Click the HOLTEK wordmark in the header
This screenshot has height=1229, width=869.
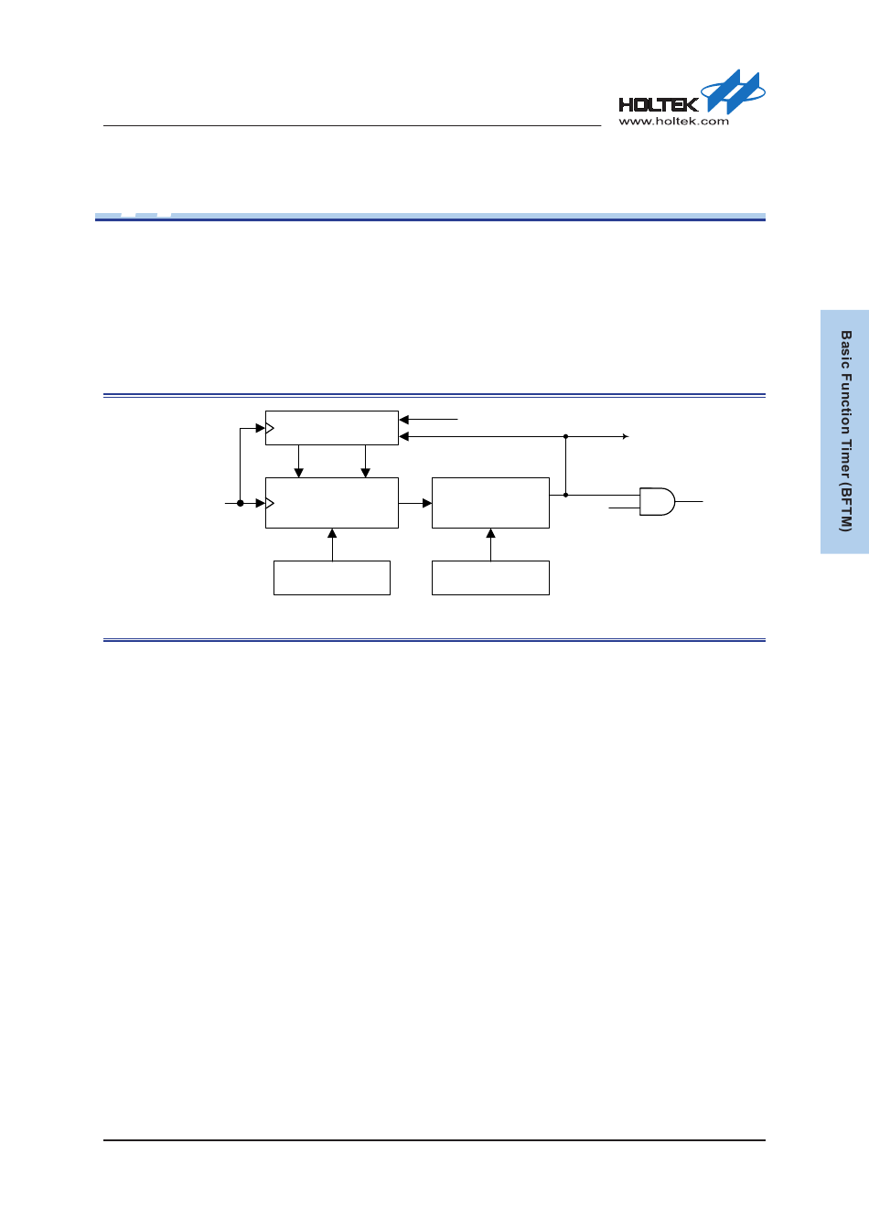[x=658, y=104]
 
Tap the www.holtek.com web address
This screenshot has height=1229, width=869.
[x=674, y=121]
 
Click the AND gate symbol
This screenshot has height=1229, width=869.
[x=656, y=501]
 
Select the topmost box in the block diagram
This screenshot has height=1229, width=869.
[x=332, y=428]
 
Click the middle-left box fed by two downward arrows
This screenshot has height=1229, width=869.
[x=332, y=503]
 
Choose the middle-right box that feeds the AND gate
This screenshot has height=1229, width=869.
[x=490, y=503]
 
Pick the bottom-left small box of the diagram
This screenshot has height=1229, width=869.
[x=332, y=578]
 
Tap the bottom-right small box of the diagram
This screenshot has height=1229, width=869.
[x=490, y=578]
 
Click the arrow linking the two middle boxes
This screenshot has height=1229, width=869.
[x=415, y=503]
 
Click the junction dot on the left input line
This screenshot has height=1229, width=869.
[x=241, y=503]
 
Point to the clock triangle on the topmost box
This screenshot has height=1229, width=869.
[x=270, y=428]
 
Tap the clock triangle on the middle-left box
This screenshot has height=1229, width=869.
[x=270, y=503]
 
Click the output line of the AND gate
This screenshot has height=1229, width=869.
[x=690, y=501]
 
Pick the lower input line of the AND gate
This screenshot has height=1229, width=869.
[x=624, y=508]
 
